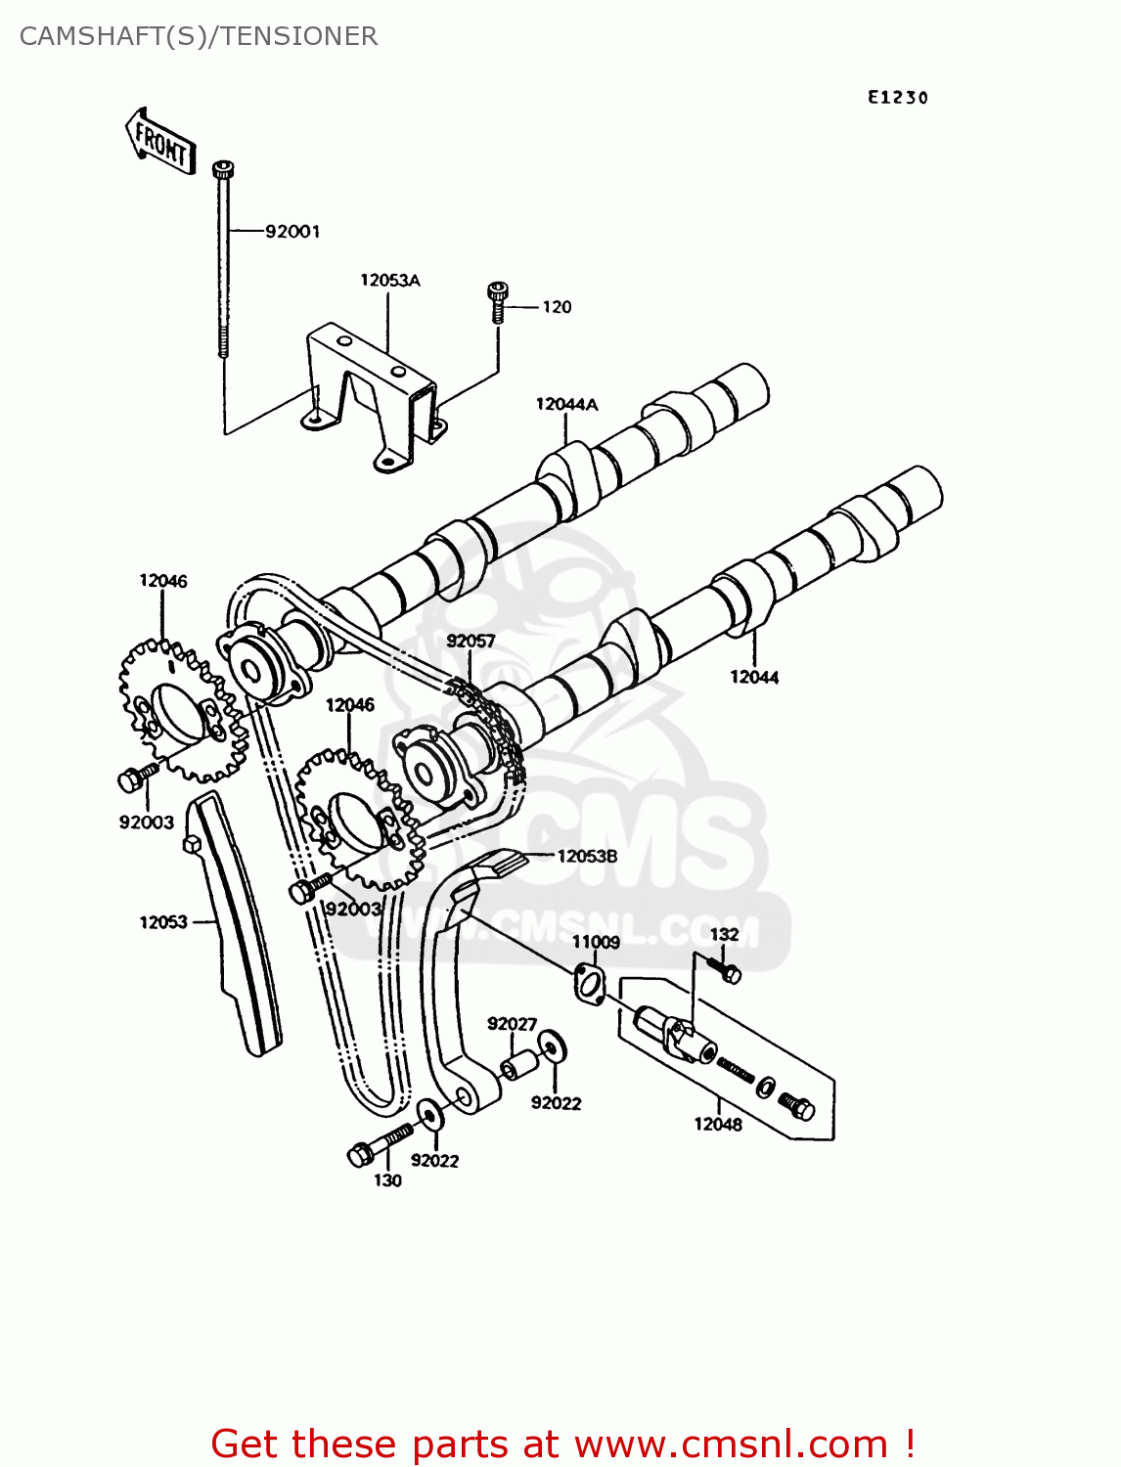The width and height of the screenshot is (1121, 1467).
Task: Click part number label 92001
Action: (292, 232)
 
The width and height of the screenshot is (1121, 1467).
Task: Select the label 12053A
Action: (389, 281)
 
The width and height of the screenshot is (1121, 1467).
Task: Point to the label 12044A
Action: (566, 404)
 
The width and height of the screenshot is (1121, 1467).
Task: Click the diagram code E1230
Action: (897, 97)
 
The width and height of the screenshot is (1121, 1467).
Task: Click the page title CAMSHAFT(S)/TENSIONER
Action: (199, 36)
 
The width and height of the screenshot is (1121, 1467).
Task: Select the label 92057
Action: (471, 641)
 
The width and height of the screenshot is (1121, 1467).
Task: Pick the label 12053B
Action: (587, 856)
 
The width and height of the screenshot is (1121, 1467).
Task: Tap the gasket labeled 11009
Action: (588, 983)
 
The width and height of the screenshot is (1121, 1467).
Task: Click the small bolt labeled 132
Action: (730, 972)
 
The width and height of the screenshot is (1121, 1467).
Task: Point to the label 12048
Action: (718, 1125)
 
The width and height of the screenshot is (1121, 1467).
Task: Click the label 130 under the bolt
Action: (387, 1180)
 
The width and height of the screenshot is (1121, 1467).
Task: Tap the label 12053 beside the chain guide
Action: (162, 922)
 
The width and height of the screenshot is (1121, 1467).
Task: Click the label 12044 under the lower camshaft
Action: (754, 677)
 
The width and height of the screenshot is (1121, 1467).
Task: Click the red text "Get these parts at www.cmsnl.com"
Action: (562, 1444)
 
